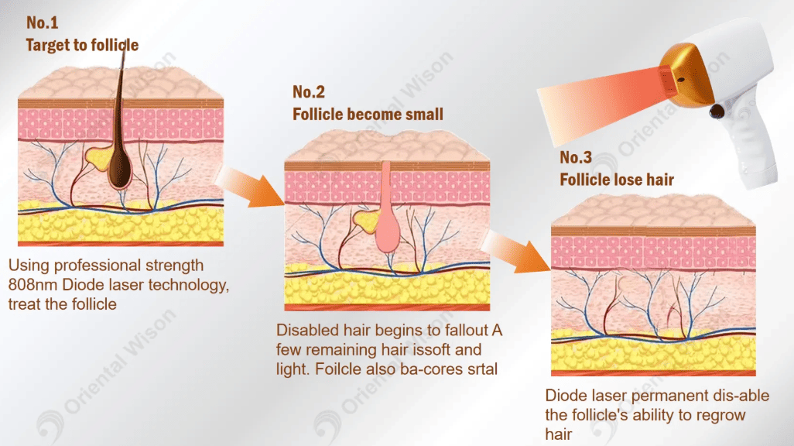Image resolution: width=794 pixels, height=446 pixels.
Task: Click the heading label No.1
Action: point(42,22)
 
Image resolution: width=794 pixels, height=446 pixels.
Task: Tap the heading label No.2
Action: point(308,91)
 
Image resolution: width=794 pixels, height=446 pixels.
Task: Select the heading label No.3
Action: point(576,158)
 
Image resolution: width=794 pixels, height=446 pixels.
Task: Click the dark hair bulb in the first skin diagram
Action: point(120,170)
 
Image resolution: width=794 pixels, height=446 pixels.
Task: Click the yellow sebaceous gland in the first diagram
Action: point(98,158)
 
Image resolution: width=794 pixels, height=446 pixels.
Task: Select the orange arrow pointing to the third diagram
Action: point(515,252)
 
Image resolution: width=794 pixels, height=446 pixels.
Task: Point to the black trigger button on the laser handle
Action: point(717,111)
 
